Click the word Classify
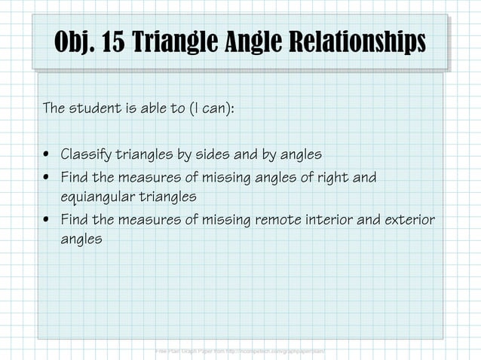point(86,154)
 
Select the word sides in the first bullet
point(216,154)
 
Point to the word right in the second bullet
point(333,178)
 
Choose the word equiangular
point(99,197)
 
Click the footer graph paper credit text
point(240,352)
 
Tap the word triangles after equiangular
point(169,197)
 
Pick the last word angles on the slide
point(81,239)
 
